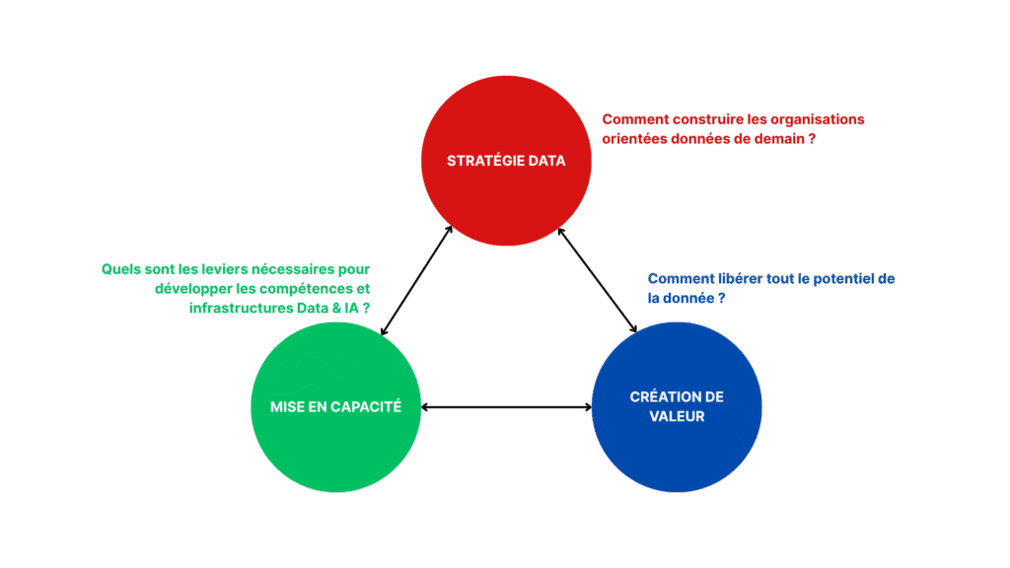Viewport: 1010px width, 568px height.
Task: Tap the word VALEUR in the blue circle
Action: click(x=677, y=416)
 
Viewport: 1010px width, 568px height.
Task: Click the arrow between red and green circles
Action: click(x=417, y=280)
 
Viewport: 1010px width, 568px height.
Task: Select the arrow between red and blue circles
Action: click(x=598, y=280)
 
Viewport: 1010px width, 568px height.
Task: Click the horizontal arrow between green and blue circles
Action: click(x=506, y=406)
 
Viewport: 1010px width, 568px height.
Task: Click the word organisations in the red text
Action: click(x=819, y=119)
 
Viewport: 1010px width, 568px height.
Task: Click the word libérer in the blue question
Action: click(x=735, y=279)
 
